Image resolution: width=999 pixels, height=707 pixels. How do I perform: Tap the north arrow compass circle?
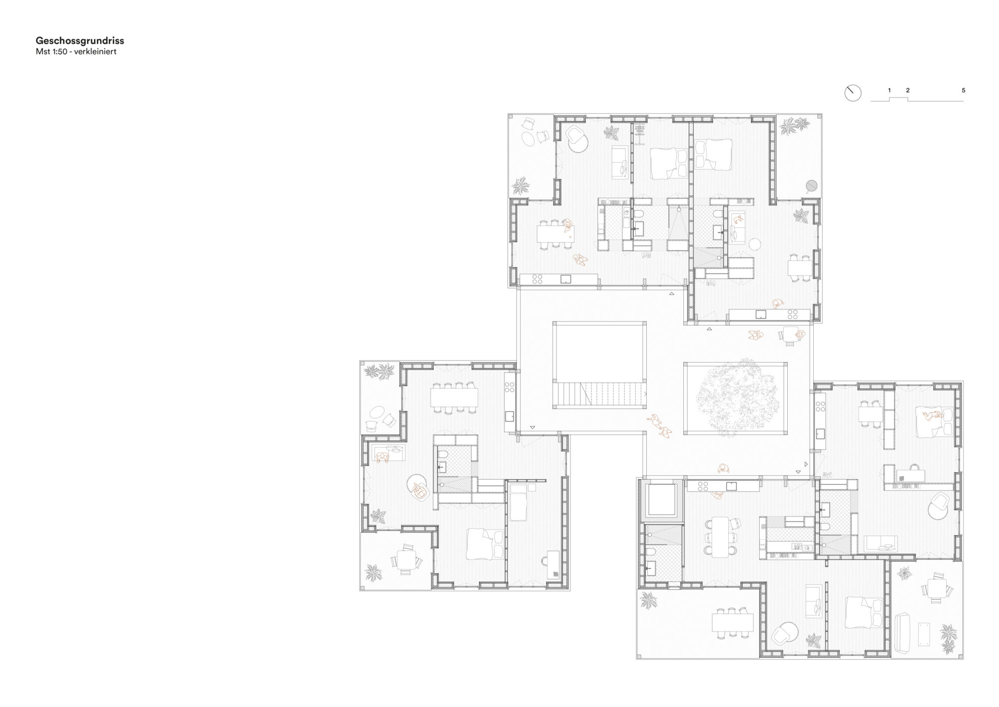point(853,93)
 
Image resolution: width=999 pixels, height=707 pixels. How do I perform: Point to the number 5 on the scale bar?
point(964,90)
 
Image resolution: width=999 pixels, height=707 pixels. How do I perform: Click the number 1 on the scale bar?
point(889,90)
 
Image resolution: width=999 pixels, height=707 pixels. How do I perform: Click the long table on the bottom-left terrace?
point(733,623)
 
